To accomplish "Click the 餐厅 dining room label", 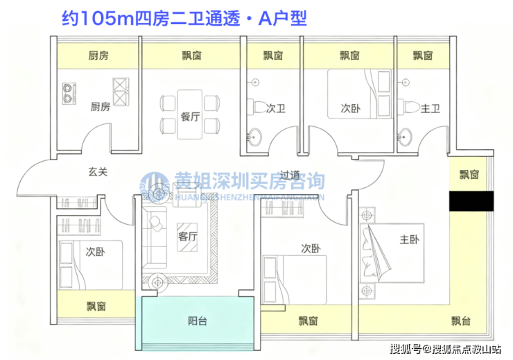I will (x=191, y=117).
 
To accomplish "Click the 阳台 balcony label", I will (x=198, y=321).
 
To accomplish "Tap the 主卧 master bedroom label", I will (x=409, y=240).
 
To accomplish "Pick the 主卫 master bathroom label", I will (x=431, y=108).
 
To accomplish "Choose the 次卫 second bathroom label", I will (x=276, y=108).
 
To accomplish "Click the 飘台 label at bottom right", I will (x=461, y=320).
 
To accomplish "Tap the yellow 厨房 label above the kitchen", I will (x=98, y=55).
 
